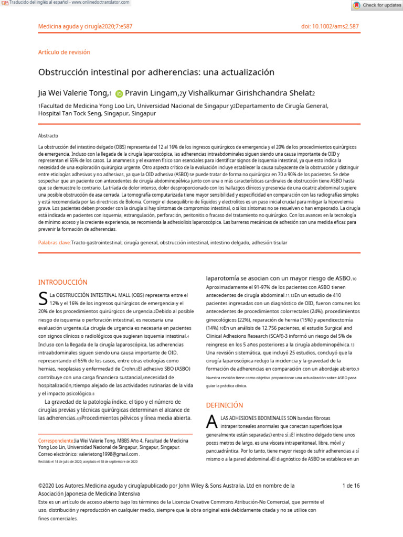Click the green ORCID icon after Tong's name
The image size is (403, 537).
[119, 94]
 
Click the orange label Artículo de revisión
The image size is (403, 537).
[64, 52]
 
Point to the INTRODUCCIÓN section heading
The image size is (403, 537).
[62, 282]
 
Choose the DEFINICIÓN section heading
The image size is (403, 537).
[224, 405]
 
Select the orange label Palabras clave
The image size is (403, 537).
[55, 243]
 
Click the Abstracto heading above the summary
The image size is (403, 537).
[48, 135]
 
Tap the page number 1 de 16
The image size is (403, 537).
[351, 486]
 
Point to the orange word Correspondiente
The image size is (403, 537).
[56, 441]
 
